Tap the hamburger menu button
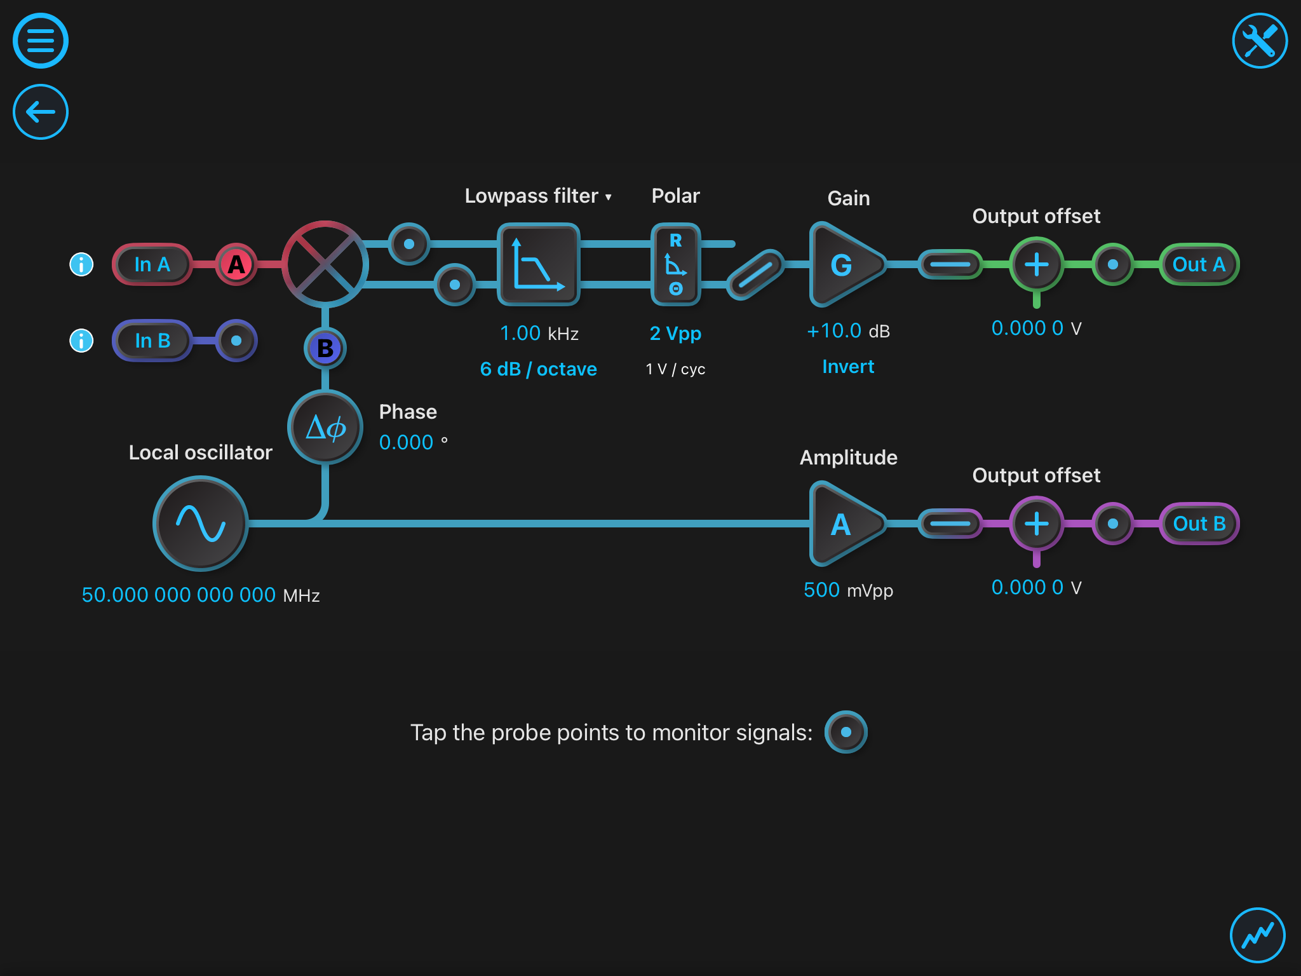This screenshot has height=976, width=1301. (x=41, y=41)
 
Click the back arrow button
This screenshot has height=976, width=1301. (x=41, y=112)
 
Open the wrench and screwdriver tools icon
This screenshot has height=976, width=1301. (x=1259, y=41)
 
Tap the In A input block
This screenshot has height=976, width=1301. (x=152, y=264)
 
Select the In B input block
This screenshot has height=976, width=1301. (x=152, y=341)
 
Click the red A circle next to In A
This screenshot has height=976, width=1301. (x=236, y=264)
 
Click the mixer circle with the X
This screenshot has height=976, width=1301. (x=325, y=264)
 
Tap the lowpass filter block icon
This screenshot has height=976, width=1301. (x=539, y=264)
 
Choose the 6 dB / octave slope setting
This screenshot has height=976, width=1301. (x=538, y=369)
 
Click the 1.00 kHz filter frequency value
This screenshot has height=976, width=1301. (x=520, y=334)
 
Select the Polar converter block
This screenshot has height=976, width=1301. (x=675, y=264)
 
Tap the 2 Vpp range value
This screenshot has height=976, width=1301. (x=675, y=334)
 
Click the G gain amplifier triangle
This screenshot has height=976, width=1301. (x=844, y=264)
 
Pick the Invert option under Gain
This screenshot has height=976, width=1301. (x=848, y=367)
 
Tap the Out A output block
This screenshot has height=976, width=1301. (x=1199, y=264)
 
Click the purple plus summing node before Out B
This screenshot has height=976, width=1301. (x=1036, y=524)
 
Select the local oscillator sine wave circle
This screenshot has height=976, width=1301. (x=201, y=524)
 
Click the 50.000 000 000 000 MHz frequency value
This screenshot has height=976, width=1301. (x=179, y=595)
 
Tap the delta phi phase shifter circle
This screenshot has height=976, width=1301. (x=325, y=427)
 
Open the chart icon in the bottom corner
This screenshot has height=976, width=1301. (x=1257, y=935)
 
